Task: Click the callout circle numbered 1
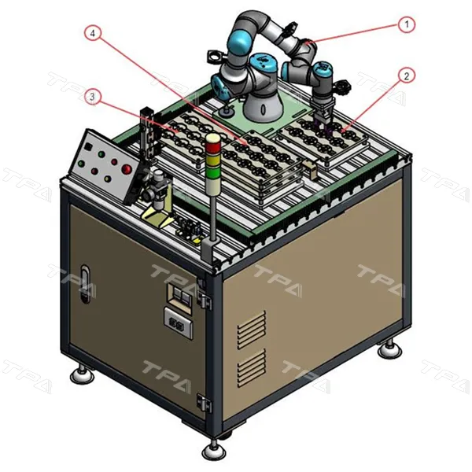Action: pos(407,24)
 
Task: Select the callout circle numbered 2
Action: pos(407,76)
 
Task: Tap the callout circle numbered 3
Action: pos(92,97)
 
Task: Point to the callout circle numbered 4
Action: pos(92,33)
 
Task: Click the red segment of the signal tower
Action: pos(213,147)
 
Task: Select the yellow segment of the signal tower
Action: pos(213,160)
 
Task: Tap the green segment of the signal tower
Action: pos(213,173)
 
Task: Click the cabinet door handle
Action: pos(86,283)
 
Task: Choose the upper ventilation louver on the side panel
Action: pos(252,330)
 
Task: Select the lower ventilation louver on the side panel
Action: pos(252,368)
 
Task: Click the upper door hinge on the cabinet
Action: pos(205,301)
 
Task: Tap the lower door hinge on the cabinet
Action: pos(205,403)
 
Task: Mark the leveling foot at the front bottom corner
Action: pos(214,451)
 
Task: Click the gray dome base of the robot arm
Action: pos(263,106)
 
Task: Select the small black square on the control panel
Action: pos(88,146)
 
